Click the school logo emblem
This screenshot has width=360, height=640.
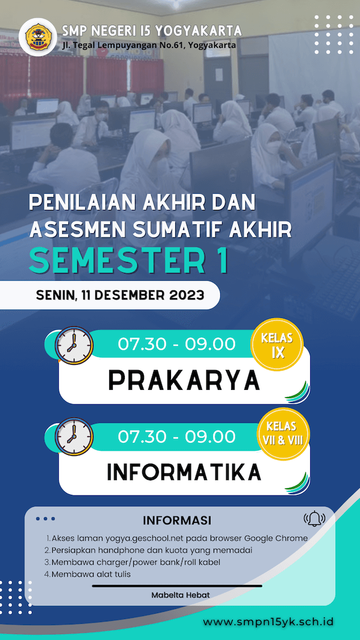[x=38, y=37]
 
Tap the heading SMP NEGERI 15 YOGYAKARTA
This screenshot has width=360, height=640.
[x=152, y=30]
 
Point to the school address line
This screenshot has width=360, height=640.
[x=149, y=46]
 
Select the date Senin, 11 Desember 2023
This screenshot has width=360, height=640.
[x=121, y=295]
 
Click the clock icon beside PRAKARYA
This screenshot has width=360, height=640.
[x=74, y=345]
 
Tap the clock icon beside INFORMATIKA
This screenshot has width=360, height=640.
[x=74, y=436]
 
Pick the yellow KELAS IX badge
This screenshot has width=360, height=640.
[x=278, y=345]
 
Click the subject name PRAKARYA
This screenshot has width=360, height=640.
[x=184, y=381]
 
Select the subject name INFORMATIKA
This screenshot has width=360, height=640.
[x=184, y=472]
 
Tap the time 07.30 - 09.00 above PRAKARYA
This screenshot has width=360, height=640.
[x=177, y=344]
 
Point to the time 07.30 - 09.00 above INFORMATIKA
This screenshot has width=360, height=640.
[x=177, y=436]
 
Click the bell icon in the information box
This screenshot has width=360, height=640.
[x=314, y=519]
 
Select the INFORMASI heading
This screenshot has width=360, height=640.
[x=177, y=521]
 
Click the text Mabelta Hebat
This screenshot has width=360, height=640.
[x=181, y=595]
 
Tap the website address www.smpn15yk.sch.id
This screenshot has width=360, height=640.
[x=268, y=621]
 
